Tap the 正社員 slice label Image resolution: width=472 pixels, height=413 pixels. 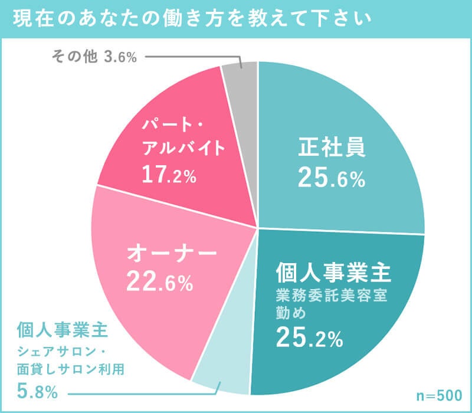click(x=332, y=147)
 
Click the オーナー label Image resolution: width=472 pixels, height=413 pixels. click(x=172, y=255)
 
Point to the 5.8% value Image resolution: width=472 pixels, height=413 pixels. click(x=37, y=391)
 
